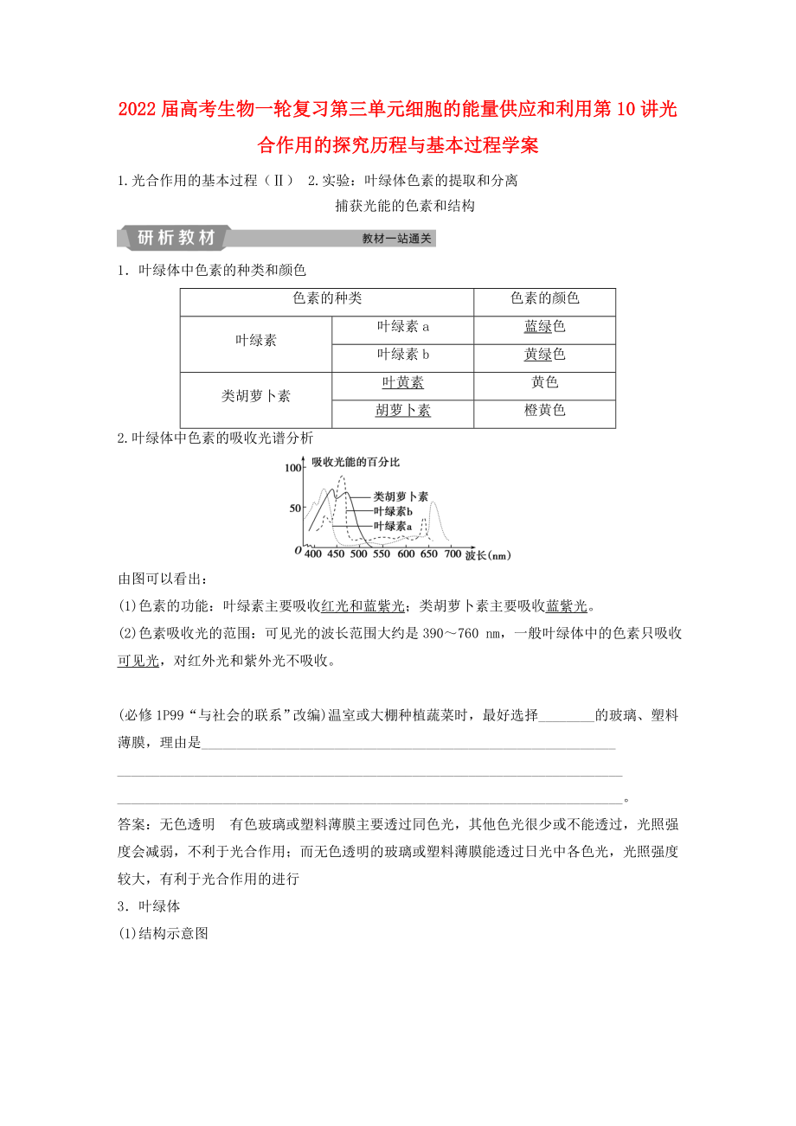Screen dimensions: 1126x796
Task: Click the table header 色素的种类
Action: click(326, 298)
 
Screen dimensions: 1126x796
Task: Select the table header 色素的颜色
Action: click(544, 298)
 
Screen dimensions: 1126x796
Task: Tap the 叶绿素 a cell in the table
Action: click(402, 327)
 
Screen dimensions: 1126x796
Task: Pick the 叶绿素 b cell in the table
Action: click(402, 355)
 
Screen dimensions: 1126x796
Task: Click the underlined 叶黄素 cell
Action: click(402, 382)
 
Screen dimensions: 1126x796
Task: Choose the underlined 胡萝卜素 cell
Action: click(402, 411)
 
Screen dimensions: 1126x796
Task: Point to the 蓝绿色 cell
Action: click(544, 327)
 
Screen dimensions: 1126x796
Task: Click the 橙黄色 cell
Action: click(544, 411)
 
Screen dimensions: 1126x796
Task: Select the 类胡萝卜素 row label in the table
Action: click(255, 396)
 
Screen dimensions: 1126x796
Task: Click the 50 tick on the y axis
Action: click(295, 508)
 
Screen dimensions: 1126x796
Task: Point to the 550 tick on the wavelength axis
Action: click(382, 554)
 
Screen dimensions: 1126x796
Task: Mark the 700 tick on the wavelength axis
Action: click(452, 554)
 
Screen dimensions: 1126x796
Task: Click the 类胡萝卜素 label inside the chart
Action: click(400, 497)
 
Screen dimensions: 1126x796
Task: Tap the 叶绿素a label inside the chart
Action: click(392, 526)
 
